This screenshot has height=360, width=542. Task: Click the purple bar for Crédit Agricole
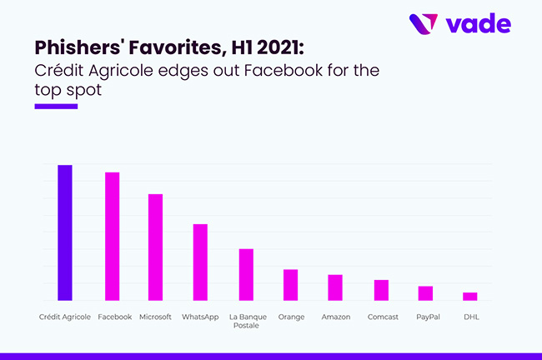64,232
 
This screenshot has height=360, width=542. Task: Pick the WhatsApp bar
200,262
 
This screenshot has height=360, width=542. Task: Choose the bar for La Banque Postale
246,274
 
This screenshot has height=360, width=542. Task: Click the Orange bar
290,284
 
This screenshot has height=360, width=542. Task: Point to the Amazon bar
335,287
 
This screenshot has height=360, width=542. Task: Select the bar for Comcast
381,290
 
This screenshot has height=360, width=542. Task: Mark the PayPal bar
425,293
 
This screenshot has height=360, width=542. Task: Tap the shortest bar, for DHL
470,296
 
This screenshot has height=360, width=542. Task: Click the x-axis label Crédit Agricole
65,317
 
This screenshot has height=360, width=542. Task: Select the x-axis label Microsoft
155,317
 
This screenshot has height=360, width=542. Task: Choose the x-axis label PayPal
425,317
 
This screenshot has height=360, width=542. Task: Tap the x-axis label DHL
471,317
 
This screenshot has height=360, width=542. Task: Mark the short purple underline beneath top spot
55,106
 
